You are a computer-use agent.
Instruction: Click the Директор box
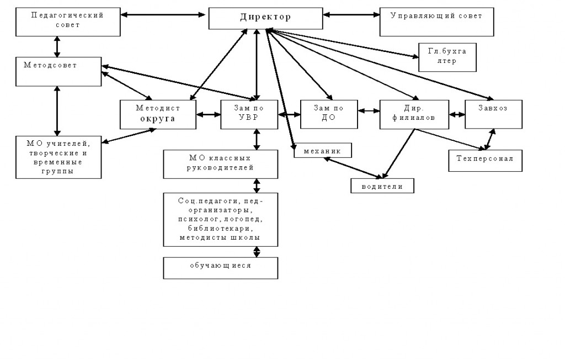pyautogui.click(x=265, y=18)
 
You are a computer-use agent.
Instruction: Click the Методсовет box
pyautogui.click(x=58, y=71)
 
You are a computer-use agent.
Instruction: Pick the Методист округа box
pyautogui.click(x=158, y=114)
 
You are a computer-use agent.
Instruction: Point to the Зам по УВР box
pyautogui.click(x=249, y=114)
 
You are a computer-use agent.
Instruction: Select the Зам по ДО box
pyautogui.click(x=329, y=114)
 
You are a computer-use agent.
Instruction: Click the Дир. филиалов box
pyautogui.click(x=414, y=114)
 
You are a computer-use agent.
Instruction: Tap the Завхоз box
pyautogui.click(x=493, y=114)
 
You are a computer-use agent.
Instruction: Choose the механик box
pyautogui.click(x=323, y=150)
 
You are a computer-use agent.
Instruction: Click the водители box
pyautogui.click(x=382, y=186)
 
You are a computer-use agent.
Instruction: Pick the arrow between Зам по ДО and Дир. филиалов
pyautogui.click(x=369, y=110)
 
